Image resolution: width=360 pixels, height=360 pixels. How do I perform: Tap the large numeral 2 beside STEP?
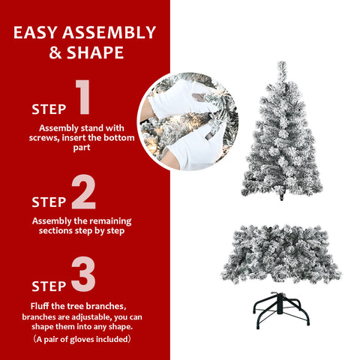coord(84,193)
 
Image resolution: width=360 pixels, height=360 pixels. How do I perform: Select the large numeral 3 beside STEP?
coord(84,275)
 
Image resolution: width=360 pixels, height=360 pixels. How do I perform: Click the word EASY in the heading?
coord(38,33)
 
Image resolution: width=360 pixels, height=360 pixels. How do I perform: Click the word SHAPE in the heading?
coord(96,53)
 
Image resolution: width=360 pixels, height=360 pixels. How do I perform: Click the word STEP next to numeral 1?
coord(49,109)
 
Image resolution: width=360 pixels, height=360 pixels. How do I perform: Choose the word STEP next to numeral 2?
coord(49,202)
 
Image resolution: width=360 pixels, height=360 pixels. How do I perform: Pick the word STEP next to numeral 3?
coord(49,286)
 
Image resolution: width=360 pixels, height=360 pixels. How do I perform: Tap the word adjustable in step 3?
coord(88,316)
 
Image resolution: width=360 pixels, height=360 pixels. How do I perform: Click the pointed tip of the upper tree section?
coord(281,65)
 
